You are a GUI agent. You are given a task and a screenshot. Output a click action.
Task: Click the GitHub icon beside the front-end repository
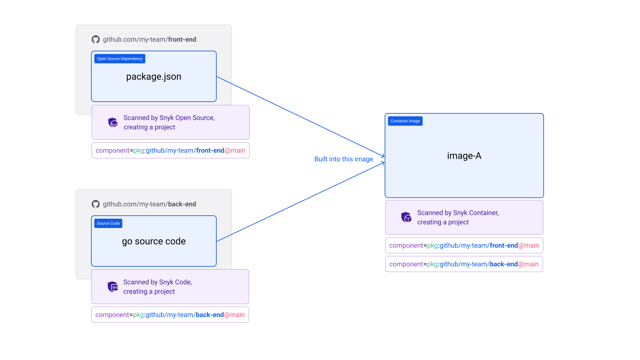coord(96,39)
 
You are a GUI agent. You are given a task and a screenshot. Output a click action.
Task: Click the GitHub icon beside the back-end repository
coord(96,204)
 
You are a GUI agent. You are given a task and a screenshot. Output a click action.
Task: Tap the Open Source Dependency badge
coord(120,59)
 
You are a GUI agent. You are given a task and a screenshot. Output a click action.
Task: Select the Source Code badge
coord(108,223)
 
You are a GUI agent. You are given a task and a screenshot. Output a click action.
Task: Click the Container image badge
coord(405,121)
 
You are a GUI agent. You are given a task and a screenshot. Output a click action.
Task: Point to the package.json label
coord(154,77)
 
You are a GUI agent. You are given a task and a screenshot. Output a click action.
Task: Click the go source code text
coord(154,241)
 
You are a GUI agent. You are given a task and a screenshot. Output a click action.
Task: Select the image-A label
coord(464,156)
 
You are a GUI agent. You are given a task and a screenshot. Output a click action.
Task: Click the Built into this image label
coord(343,159)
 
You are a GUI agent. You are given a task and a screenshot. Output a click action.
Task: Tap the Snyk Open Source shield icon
coord(113,122)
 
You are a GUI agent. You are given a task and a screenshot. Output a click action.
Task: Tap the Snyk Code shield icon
coord(113,287)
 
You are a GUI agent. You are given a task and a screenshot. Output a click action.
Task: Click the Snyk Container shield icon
coord(406,217)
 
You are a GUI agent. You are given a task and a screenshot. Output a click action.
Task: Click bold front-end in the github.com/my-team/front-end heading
coord(182,39)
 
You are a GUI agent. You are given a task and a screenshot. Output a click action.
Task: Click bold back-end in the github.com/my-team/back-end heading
coord(182,204)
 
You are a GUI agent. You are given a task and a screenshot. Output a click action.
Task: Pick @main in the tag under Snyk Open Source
coord(235,150)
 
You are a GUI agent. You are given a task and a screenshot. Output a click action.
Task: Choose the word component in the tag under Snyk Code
coord(112,315)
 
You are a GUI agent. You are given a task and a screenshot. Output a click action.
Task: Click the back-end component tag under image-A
coord(464,264)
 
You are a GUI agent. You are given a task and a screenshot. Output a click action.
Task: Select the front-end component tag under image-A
coord(464,245)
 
